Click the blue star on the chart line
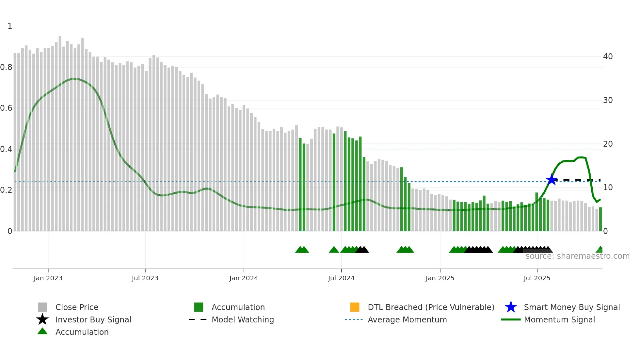coord(552,180)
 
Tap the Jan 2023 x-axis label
coord(48,278)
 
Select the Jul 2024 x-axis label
coord(341,278)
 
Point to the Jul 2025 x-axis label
coord(537,278)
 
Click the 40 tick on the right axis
coord(608,57)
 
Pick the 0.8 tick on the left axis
coord(6,67)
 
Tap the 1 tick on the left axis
coord(10,26)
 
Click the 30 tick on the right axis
coord(608,100)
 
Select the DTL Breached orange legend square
coord(355,307)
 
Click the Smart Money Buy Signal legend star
coord(511,307)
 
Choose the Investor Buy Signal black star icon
coord(42,319)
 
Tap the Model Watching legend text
coord(243,319)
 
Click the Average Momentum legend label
coord(407,319)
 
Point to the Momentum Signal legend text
coord(559,319)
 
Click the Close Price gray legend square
coord(42,307)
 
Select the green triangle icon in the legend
coord(42,332)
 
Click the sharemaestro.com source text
coord(577,256)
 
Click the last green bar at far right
coord(600,219)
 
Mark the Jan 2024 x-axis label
coord(244,278)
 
